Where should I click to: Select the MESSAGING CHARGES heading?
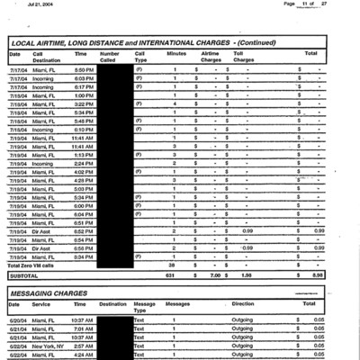56,293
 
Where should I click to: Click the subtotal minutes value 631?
172,275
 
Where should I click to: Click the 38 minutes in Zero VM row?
172,265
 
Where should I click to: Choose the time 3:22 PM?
83,103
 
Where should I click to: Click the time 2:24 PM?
83,163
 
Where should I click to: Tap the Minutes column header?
176,54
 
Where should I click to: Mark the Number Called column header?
110,57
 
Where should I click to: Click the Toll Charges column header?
244,57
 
